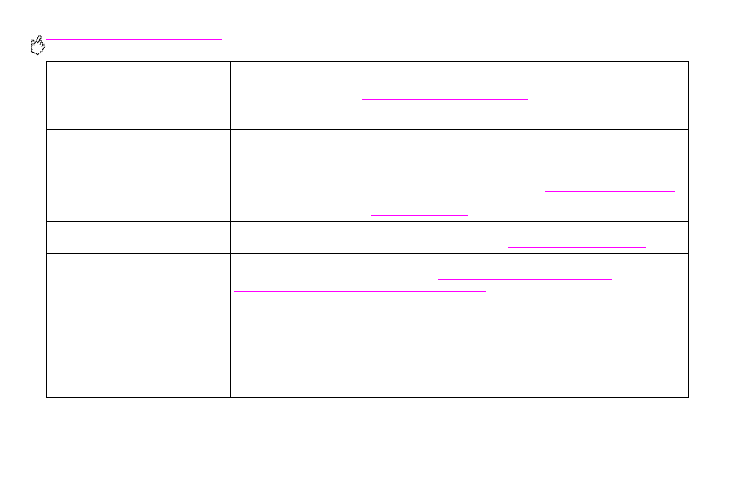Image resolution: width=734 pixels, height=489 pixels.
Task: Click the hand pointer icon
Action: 37,46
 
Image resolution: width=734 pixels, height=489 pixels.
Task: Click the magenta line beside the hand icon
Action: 134,39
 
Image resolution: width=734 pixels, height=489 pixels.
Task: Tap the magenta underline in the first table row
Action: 445,99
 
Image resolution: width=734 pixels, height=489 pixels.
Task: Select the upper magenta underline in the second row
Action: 609,191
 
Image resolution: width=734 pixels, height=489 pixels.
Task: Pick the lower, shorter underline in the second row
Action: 420,214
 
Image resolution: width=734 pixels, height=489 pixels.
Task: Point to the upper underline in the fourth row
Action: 524,278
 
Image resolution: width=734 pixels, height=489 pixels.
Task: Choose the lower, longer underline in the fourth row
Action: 359,291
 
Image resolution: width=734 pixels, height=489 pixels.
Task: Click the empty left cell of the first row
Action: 138,95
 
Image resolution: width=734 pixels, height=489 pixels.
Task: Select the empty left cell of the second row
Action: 138,175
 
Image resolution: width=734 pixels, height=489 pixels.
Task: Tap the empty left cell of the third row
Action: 138,237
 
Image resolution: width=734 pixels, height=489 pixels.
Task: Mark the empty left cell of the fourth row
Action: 138,325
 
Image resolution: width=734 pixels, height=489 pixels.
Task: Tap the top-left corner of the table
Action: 47,61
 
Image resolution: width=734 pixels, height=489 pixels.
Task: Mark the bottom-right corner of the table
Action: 687,397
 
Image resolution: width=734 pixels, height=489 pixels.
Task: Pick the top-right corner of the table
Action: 687,61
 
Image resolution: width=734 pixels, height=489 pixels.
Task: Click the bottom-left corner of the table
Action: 47,397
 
